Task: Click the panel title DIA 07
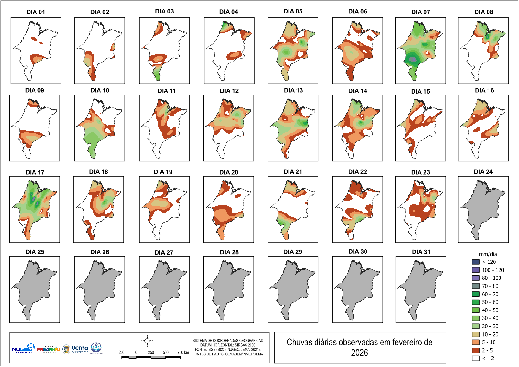(420, 12)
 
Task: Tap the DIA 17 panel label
(35, 172)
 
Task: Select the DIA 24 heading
(483, 172)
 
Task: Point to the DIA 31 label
(421, 252)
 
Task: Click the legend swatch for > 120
(476, 262)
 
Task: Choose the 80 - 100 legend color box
(476, 278)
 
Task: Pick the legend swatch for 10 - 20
(476, 334)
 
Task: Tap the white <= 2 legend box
(476, 358)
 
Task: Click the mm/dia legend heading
(488, 254)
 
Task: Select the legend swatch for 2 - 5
(476, 350)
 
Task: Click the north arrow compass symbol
(147, 341)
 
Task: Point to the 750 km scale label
(183, 352)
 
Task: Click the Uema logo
(79, 348)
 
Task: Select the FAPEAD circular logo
(96, 348)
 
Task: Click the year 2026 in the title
(359, 353)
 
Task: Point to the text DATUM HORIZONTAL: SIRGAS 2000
(228, 345)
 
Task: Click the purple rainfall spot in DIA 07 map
(414, 59)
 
